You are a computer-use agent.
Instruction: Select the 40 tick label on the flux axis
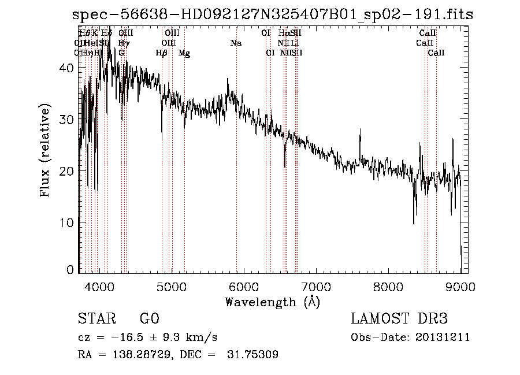[x=68, y=68]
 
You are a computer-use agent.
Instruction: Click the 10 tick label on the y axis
[x=68, y=223]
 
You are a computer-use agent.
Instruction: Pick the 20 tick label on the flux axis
[x=68, y=171]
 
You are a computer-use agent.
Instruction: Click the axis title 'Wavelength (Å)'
[x=272, y=302]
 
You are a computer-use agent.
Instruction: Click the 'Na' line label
[x=236, y=43]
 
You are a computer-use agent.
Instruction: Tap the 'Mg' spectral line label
[x=184, y=53]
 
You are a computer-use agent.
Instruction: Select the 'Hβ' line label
[x=162, y=53]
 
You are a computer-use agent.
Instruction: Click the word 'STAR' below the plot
[x=96, y=319]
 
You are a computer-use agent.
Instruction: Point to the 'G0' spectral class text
[x=149, y=319]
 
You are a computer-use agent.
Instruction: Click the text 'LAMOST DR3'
[x=399, y=319]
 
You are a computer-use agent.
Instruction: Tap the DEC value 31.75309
[x=255, y=355]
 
